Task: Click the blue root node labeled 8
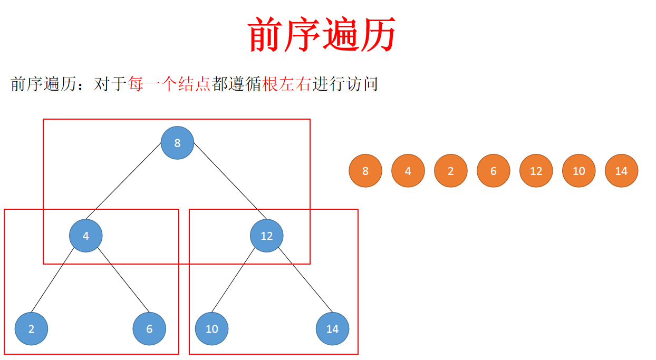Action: click(177, 143)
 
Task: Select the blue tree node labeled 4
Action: click(85, 236)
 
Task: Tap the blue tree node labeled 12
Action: click(266, 236)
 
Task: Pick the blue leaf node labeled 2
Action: click(31, 329)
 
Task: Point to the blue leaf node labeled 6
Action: click(149, 329)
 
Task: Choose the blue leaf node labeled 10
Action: click(211, 329)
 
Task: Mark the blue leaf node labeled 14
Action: click(332, 329)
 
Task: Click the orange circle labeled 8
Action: click(365, 171)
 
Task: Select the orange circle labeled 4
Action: click(408, 171)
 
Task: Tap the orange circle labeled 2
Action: click(451, 171)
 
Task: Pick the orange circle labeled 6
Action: click(494, 171)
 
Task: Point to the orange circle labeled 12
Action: click(536, 171)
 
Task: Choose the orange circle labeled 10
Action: click(578, 171)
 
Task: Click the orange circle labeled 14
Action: click(621, 171)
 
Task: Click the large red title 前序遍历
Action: click(322, 34)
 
